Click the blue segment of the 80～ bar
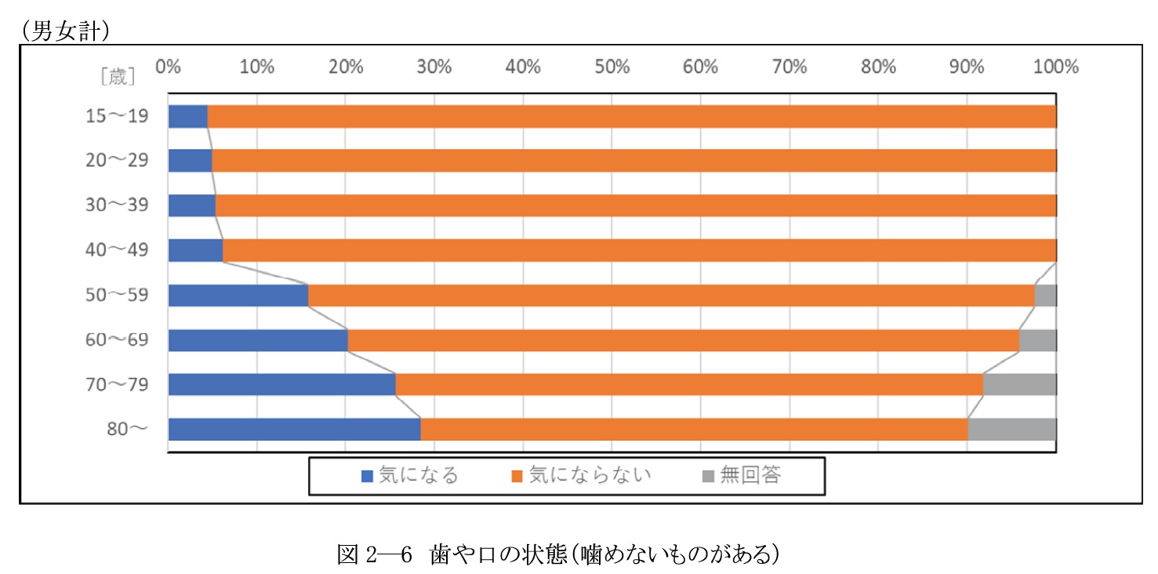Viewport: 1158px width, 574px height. coord(294,430)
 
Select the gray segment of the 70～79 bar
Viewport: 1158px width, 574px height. coord(1019,385)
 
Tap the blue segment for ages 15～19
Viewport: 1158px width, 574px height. coord(187,116)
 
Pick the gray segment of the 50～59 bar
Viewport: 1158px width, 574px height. coord(1045,296)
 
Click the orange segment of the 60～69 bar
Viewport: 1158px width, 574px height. coord(682,340)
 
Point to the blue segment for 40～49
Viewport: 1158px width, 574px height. coord(195,251)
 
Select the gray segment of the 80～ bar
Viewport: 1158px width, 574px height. coord(1011,430)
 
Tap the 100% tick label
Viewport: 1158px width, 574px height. coord(1055,67)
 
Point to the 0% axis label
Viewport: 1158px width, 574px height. coord(168,67)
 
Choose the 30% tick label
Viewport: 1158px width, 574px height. coord(434,67)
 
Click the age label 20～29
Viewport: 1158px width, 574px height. coord(116,161)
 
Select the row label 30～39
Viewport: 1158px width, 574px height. coord(116,205)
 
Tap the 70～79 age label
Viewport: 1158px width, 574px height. coord(116,385)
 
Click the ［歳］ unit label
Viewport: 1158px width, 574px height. coord(118,76)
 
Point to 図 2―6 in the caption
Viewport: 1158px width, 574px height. coord(374,554)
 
